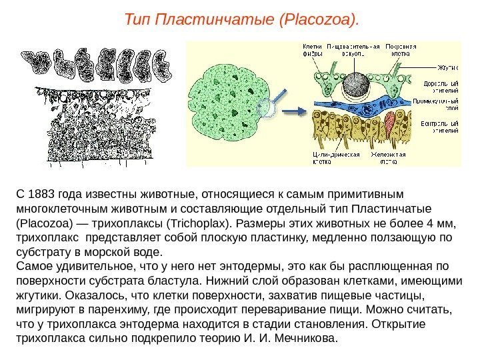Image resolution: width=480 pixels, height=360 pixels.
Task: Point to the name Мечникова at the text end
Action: [x=305, y=337]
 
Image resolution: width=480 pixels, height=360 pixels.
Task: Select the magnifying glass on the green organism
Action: [x=269, y=106]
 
